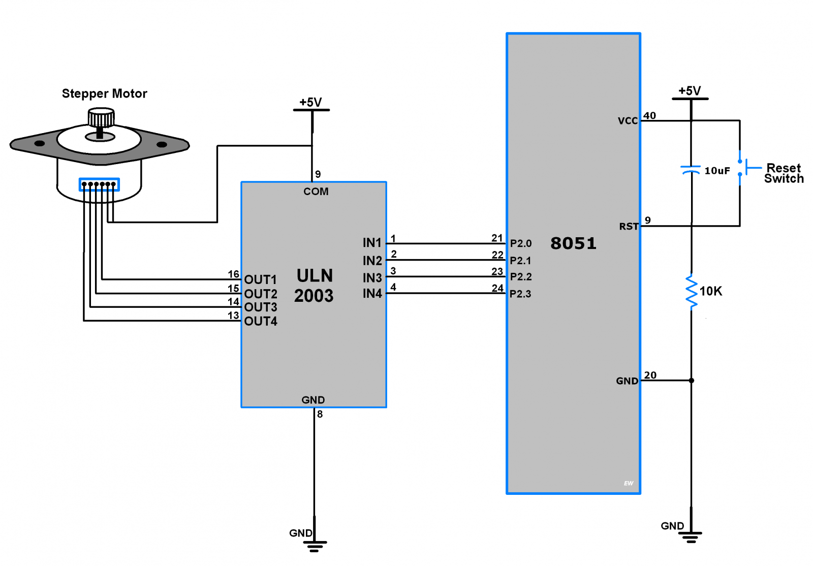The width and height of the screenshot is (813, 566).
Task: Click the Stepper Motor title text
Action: [104, 93]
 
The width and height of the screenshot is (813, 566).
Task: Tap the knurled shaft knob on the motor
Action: [101, 118]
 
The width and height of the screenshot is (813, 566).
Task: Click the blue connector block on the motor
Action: [99, 184]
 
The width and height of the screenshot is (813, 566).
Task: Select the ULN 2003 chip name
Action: [314, 286]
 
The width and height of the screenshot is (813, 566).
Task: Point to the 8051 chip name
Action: [573, 243]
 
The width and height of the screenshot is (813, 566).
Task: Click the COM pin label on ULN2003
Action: [316, 192]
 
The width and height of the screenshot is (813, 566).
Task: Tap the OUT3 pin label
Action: [261, 307]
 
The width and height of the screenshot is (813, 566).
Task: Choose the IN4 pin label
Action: [372, 294]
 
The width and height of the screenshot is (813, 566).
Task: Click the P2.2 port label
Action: [521, 277]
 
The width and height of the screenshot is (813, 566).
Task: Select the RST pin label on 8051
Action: [629, 227]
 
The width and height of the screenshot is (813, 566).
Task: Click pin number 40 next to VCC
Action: [649, 115]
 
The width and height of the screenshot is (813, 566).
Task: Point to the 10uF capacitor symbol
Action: [691, 170]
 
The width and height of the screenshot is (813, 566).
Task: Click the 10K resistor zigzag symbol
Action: [691, 291]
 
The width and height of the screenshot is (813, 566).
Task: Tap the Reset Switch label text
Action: [784, 173]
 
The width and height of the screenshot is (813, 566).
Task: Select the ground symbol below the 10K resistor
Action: [691, 537]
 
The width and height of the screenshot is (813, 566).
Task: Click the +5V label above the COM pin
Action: [310, 102]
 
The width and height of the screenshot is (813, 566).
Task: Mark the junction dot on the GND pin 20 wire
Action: [691, 381]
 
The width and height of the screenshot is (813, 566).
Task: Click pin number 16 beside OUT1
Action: [233, 274]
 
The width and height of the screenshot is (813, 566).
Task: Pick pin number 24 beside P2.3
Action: [497, 288]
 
